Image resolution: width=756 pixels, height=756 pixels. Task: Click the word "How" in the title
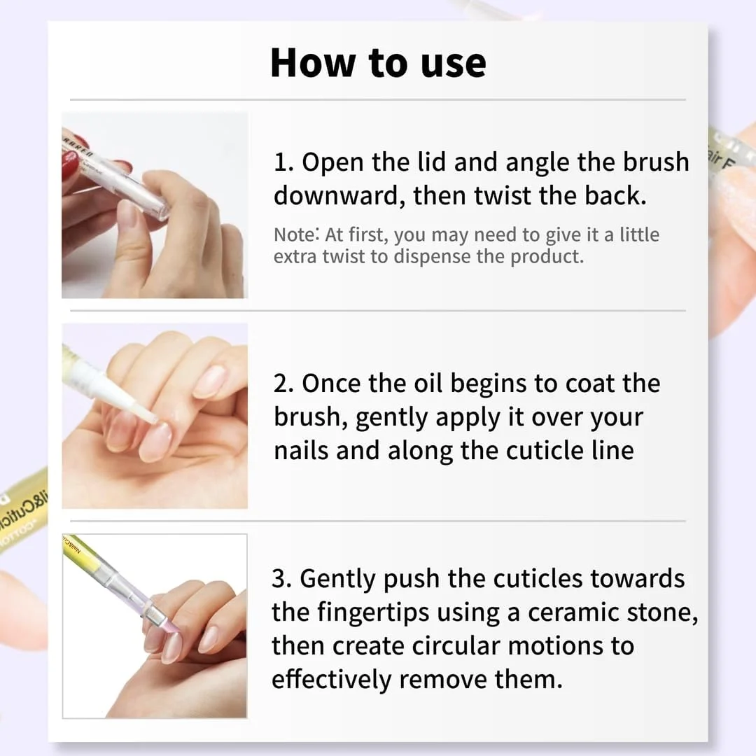(x=312, y=63)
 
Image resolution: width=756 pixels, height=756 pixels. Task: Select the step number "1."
(x=283, y=162)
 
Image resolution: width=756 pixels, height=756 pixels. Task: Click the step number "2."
(x=283, y=384)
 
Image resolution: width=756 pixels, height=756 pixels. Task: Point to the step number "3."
(x=283, y=579)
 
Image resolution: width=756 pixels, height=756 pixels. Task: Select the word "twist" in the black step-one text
(x=503, y=196)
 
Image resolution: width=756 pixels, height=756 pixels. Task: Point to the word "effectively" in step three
(x=332, y=680)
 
